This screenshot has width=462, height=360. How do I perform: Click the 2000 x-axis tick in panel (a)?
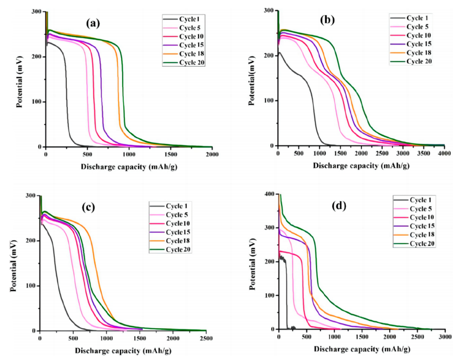point(212,154)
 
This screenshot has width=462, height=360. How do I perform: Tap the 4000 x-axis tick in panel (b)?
point(444,154)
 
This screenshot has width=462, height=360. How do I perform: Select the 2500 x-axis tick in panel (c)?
point(206,338)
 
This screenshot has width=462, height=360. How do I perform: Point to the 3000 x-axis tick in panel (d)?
point(445,337)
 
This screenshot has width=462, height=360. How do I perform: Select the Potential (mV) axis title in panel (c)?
point(13,263)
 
